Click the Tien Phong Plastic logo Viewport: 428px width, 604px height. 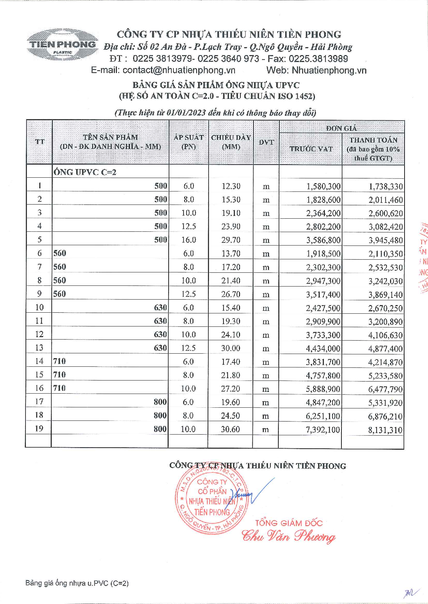[x=62, y=45]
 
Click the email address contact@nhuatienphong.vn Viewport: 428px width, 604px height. [x=179, y=70]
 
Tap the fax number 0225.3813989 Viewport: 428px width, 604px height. [x=318, y=59]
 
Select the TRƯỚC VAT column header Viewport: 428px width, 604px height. [x=311, y=149]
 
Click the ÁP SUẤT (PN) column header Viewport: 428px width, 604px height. [x=189, y=142]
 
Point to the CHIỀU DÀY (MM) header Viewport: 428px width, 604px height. [x=231, y=142]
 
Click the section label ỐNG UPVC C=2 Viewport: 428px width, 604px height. [x=85, y=172]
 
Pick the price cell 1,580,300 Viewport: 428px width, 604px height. [x=324, y=187]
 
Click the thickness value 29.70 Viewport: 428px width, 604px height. [x=231, y=240]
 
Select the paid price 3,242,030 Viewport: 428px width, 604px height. [x=385, y=281]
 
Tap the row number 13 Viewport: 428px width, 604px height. [x=39, y=348]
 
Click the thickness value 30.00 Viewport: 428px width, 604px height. [x=230, y=348]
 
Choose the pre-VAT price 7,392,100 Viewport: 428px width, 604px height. [x=323, y=430]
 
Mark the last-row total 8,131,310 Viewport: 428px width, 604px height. [x=385, y=430]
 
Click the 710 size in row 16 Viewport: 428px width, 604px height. [x=59, y=388]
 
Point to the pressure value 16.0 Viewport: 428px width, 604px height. [x=189, y=240]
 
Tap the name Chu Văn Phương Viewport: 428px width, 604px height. [x=288, y=536]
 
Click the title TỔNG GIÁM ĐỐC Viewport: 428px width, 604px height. [x=289, y=523]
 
